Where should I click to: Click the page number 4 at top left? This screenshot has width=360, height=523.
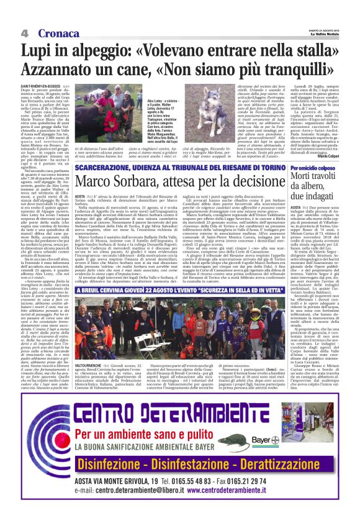point(24,32)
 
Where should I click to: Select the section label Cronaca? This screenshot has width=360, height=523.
point(50,32)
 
